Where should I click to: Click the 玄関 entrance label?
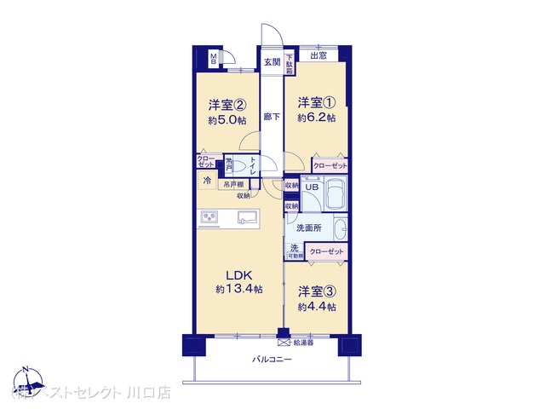tap(271, 61)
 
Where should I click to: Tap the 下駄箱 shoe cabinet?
tap(290, 63)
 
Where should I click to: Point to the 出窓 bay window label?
tap(318, 57)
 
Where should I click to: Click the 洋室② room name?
tap(228, 106)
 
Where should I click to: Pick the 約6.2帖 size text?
tap(316, 118)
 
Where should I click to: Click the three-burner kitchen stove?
tap(209, 218)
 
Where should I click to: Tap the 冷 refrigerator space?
tap(207, 181)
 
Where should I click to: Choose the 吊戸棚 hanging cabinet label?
tap(233, 184)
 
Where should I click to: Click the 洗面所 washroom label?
tap(307, 228)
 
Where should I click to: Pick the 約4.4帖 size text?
tap(316, 307)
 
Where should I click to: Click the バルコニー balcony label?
tap(272, 360)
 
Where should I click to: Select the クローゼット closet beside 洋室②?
tap(207, 161)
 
